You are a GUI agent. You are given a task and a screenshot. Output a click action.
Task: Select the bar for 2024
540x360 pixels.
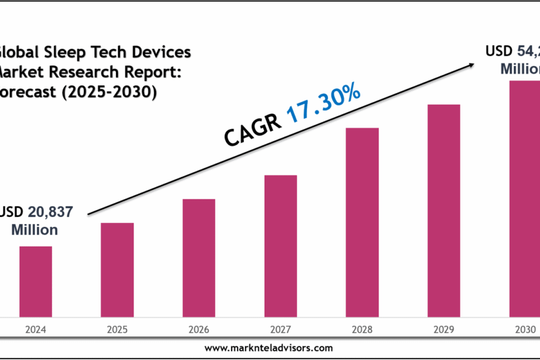pyautogui.click(x=35, y=281)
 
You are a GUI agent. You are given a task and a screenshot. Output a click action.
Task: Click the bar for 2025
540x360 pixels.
pyautogui.click(x=117, y=269)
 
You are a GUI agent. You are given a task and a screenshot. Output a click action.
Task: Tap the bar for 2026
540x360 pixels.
pyautogui.click(x=198, y=257)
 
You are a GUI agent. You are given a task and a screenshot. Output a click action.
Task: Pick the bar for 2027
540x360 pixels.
pyautogui.click(x=280, y=245)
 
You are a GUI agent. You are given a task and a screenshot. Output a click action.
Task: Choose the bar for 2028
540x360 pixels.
pyautogui.click(x=362, y=222)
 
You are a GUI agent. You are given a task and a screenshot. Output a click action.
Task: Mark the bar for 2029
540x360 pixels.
pyautogui.click(x=443, y=210)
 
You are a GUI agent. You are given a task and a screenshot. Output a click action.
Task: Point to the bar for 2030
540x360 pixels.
pyautogui.click(x=524, y=198)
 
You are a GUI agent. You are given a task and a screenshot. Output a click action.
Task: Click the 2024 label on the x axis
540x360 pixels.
pyautogui.click(x=35, y=330)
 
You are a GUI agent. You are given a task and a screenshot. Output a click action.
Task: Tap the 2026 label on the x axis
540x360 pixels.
pyautogui.click(x=198, y=330)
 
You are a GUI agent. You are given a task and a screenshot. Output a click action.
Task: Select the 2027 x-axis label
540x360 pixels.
pyautogui.click(x=280, y=330)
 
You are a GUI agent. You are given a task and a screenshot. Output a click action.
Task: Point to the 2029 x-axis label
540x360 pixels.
pyautogui.click(x=443, y=330)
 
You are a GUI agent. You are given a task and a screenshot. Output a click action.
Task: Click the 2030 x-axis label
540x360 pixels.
pyautogui.click(x=524, y=330)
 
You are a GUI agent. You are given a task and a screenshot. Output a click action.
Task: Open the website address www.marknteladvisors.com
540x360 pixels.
pyautogui.click(x=268, y=348)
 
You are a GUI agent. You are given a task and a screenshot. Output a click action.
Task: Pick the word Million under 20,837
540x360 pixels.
pyautogui.click(x=35, y=230)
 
